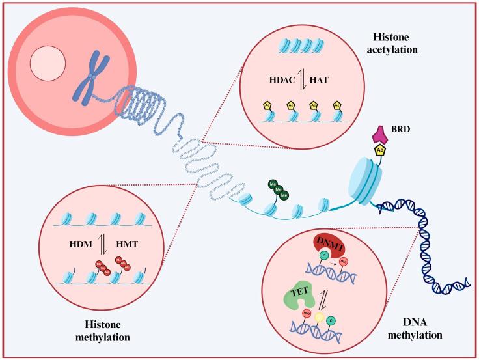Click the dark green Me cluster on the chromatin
(x=277, y=189)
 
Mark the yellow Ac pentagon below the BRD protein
(x=379, y=152)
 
